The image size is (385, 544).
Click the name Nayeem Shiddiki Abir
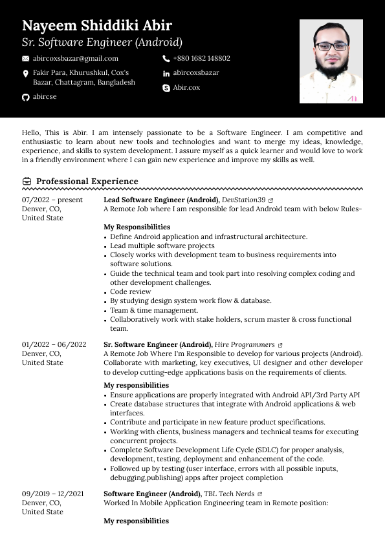point(97,26)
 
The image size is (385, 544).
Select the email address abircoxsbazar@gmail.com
point(76,58)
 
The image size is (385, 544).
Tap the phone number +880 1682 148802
point(201,58)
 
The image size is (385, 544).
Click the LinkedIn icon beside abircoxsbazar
point(166,73)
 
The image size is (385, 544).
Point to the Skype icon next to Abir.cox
point(166,87)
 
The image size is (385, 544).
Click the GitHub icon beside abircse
point(26,97)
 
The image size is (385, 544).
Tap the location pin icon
point(26,74)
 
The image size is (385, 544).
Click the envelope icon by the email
point(26,59)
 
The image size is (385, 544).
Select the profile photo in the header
point(331,61)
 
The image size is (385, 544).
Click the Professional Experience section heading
point(87,182)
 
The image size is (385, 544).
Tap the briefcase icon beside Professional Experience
point(27,182)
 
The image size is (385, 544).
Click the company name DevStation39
point(243,200)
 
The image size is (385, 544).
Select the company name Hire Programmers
point(244,345)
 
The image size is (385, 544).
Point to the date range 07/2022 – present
point(52,200)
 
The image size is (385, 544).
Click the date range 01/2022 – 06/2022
point(54,345)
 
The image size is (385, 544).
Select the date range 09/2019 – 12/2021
point(52,494)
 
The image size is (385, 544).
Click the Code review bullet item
point(130,292)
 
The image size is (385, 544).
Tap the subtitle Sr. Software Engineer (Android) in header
point(102,43)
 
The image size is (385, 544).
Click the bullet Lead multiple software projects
point(162,246)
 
